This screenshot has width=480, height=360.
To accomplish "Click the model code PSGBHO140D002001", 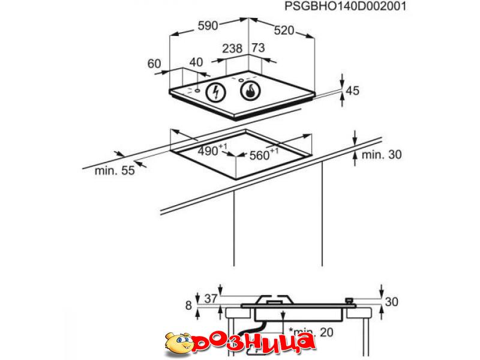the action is [345, 6].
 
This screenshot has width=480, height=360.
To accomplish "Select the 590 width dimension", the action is [208, 26].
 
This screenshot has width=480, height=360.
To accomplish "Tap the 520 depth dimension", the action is [284, 31].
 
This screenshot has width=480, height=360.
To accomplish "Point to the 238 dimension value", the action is [232, 49].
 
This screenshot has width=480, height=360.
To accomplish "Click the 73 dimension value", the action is [258, 48].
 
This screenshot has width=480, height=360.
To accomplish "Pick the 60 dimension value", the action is [154, 64].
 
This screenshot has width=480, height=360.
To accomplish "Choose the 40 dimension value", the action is [196, 62].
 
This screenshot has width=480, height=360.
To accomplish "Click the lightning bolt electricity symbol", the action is [215, 92].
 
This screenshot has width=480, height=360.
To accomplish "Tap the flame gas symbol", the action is [250, 91].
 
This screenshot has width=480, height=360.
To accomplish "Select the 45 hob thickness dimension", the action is [352, 91].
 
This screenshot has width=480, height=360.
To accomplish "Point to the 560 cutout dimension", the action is [264, 154].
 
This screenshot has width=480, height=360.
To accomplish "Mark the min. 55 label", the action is [115, 170].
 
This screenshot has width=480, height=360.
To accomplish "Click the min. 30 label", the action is [382, 155].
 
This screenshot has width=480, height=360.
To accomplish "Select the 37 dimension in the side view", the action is [211, 299].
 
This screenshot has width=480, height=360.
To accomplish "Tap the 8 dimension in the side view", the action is [188, 305].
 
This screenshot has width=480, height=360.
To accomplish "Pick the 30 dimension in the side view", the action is [392, 302].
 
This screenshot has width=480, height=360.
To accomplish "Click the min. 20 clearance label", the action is [311, 332].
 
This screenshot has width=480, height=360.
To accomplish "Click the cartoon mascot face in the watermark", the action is [179, 343].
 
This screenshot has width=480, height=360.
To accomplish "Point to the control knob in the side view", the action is [349, 301].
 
